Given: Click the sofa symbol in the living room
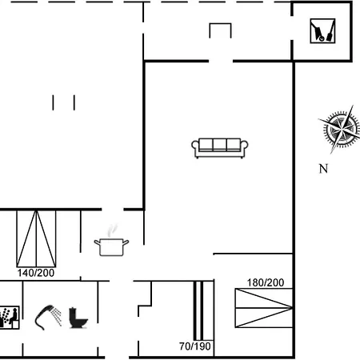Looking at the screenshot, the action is pos(220,148).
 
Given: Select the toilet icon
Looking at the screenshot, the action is pos(78,318).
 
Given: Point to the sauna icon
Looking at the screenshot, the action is pos(10,318).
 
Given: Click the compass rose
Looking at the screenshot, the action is pos(341,130).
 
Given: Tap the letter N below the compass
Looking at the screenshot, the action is pos(323,169).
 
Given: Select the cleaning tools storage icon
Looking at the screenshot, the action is pos(322,31).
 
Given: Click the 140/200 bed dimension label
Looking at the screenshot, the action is pos(36,273).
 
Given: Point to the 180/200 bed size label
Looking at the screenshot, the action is pos(266,282).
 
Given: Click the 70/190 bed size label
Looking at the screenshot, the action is pos(195,346).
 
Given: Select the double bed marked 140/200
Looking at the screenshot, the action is pos(36,238).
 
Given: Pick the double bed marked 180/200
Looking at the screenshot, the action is pos(264,308).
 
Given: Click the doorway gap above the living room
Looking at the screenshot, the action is pos(221,62).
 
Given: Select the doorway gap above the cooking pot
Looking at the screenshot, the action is pos(113,210).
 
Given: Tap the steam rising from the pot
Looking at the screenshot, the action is pos(112,230).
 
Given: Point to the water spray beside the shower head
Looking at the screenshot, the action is pos(57,316).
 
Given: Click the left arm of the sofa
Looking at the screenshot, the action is pos(195,147).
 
